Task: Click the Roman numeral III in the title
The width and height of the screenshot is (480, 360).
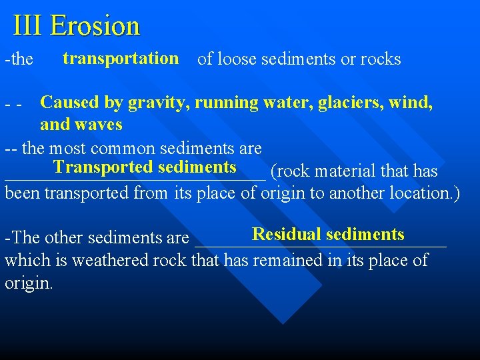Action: point(28,26)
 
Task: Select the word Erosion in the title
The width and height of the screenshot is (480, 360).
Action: point(95,26)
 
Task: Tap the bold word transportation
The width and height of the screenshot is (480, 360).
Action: point(121,58)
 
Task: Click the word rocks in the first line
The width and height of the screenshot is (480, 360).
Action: point(380,59)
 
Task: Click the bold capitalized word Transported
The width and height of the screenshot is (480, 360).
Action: point(104,167)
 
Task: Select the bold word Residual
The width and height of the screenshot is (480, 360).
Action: point(287,234)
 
